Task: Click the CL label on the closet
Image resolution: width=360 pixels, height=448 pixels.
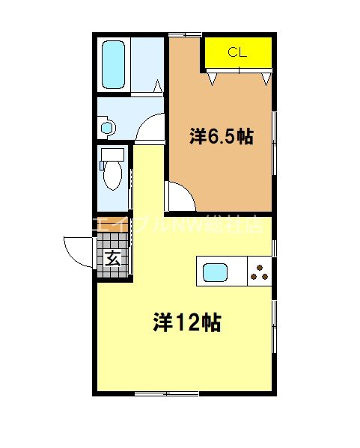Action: (237, 52)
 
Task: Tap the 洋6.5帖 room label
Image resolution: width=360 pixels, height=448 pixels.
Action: (220, 137)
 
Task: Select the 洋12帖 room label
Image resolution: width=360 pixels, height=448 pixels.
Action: (186, 322)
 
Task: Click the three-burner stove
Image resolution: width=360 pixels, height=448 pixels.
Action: (260, 271)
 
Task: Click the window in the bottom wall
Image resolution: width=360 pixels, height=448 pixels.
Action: (166, 393)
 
